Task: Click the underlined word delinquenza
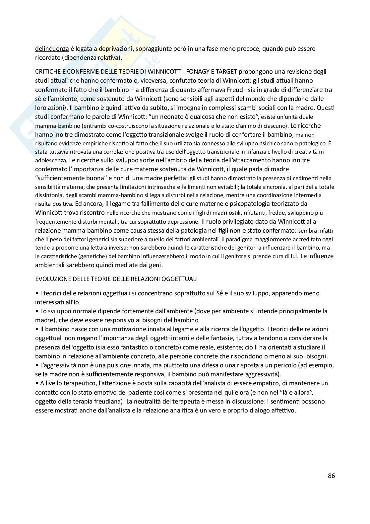(52, 49)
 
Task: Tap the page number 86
(331, 476)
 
